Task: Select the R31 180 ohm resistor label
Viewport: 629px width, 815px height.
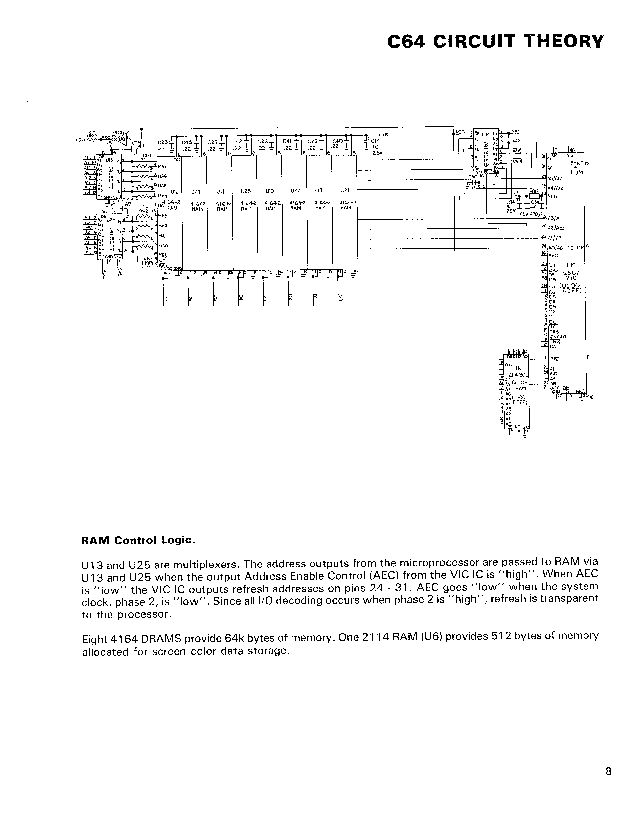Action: coord(91,134)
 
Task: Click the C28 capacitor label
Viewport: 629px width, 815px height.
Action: coord(163,142)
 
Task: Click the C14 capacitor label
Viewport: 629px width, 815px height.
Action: coord(375,141)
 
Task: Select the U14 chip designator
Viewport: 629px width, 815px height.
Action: coord(485,134)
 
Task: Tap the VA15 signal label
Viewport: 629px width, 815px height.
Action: coord(517,151)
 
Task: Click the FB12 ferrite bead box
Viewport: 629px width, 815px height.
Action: coord(534,195)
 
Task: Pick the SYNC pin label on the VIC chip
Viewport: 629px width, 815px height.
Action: coord(576,163)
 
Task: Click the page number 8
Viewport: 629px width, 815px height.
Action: coord(608,771)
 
